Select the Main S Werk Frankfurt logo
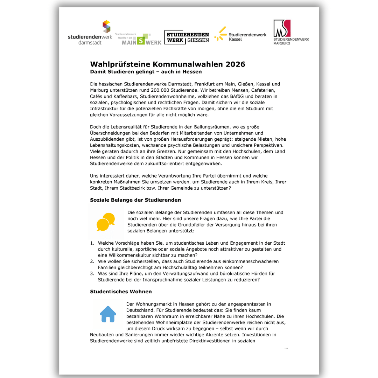pos(138,39)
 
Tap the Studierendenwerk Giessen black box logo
pos(187,37)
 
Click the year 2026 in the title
pos(235,64)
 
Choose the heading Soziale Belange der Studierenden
pos(135,200)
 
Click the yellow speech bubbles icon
pos(105,222)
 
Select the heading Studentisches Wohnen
pos(121,292)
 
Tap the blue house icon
pos(108,314)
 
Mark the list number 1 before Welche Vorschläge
pos(92,243)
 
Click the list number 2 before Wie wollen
pos(92,261)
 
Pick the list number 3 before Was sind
pos(92,273)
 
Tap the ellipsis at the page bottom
pos(286,348)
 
